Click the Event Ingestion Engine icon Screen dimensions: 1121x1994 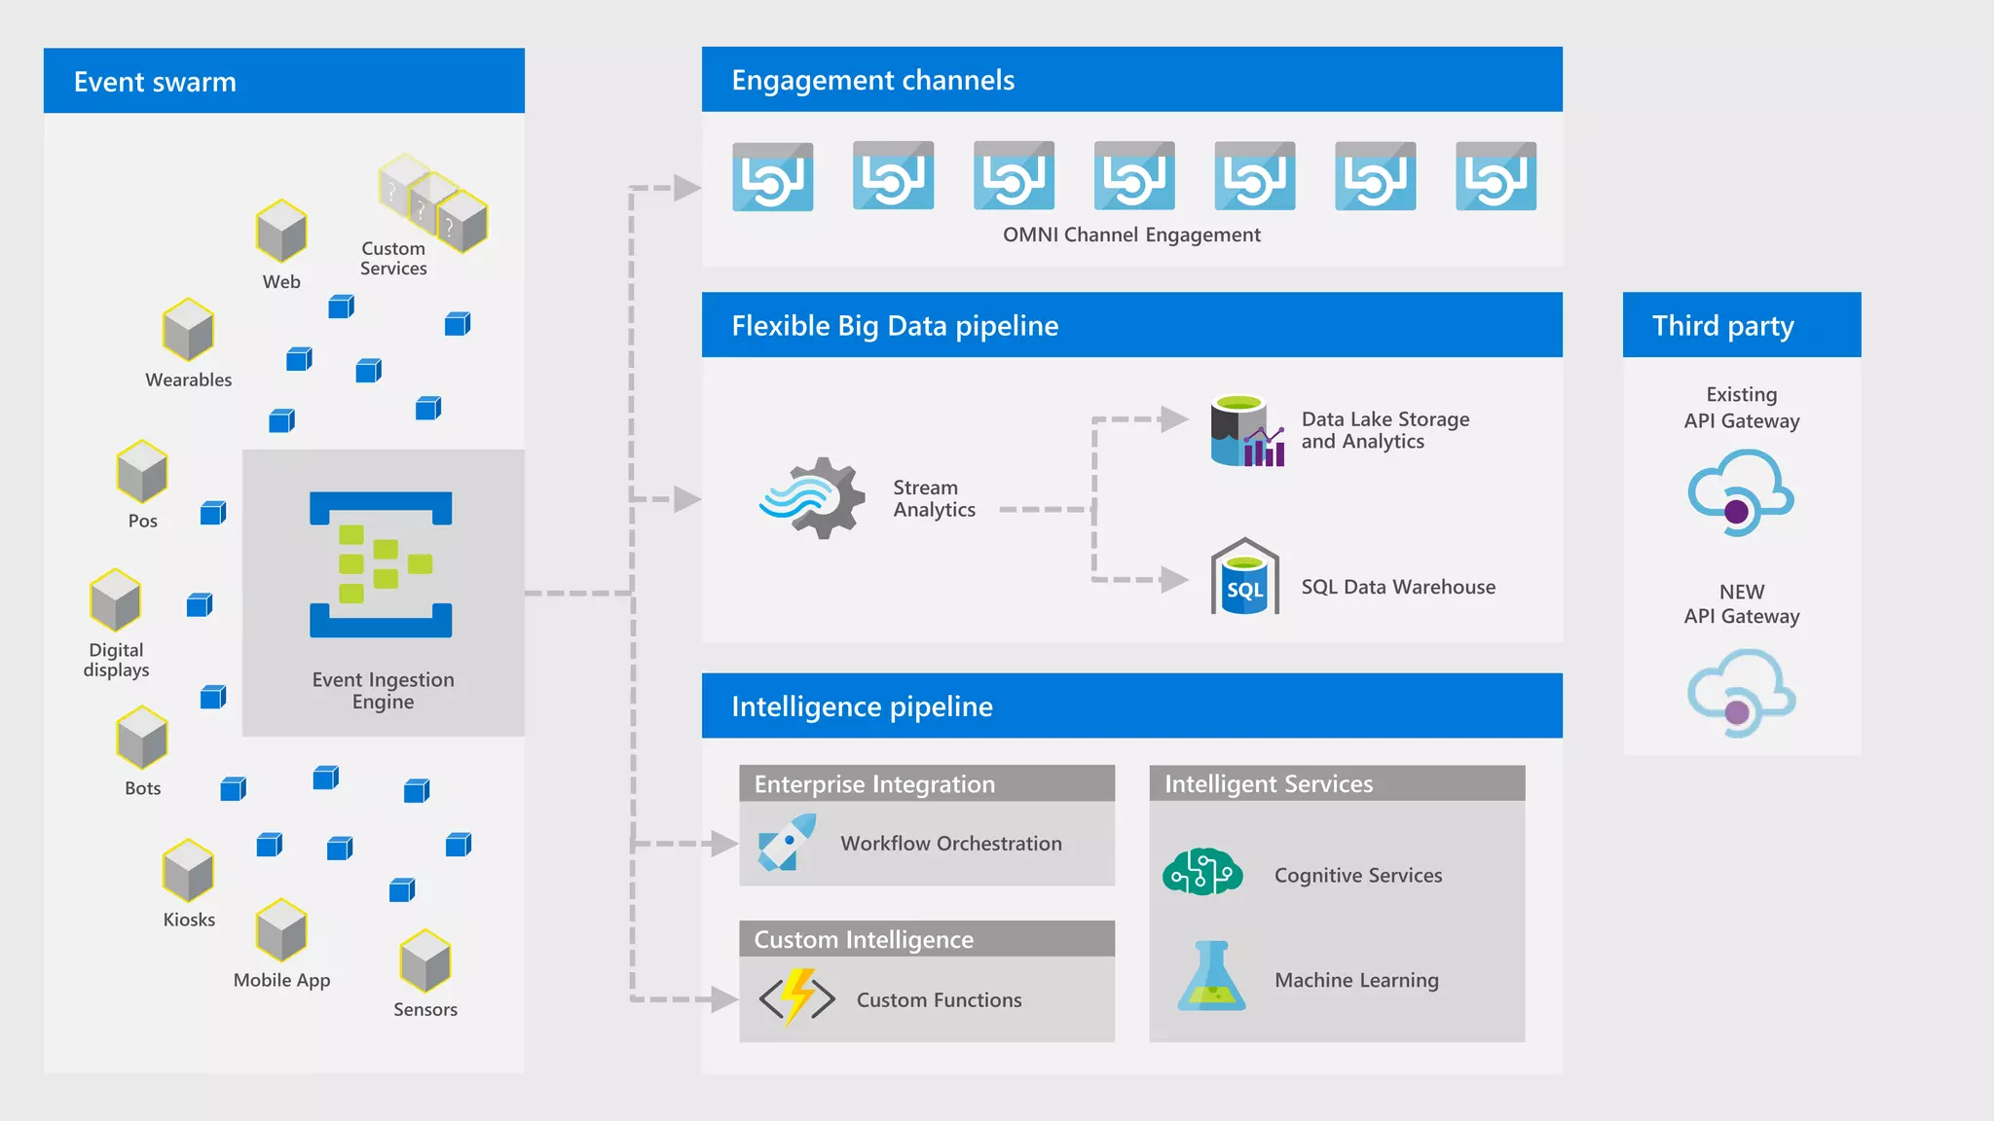(x=381, y=564)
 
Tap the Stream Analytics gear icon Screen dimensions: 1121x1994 (x=814, y=498)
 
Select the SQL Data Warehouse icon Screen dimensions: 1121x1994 (x=1244, y=578)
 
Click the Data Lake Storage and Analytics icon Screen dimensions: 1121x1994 (x=1247, y=431)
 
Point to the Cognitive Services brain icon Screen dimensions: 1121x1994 (x=1202, y=872)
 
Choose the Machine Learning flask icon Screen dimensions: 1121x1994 (x=1211, y=976)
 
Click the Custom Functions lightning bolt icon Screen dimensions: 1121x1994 (x=797, y=997)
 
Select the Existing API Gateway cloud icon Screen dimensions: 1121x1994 (x=1740, y=492)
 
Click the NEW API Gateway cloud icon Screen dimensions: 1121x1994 (x=1741, y=694)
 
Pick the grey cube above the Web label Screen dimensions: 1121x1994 (x=281, y=232)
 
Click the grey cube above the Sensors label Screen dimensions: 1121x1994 (x=425, y=961)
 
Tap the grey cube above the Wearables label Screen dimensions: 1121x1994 (x=188, y=330)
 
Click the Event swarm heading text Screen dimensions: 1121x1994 (x=155, y=82)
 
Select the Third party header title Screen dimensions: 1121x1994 (x=1722, y=325)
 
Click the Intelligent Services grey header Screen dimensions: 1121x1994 (x=1268, y=783)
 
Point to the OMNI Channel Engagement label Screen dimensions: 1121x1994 (x=1131, y=235)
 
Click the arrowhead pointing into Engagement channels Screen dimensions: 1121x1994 (x=687, y=188)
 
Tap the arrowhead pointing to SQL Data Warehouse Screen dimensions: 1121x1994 (x=1174, y=580)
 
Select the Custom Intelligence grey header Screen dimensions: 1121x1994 (x=864, y=939)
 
